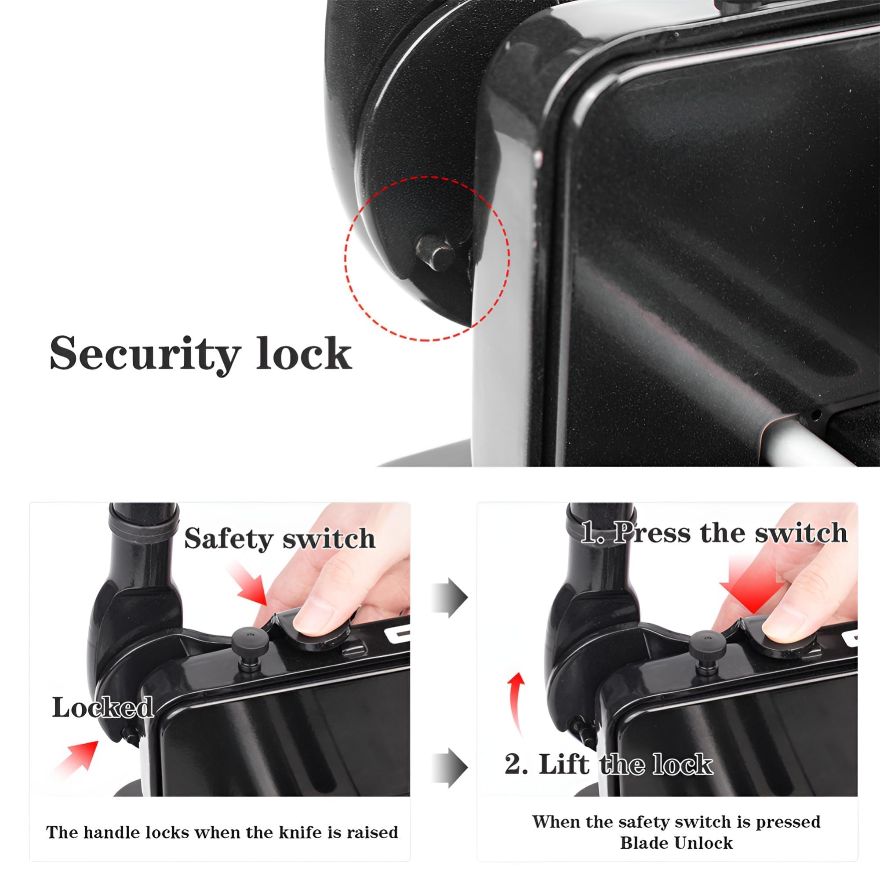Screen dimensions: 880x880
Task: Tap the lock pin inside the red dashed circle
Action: coord(436,253)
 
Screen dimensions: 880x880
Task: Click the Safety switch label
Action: coord(280,539)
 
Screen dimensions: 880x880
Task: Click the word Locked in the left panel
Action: coord(102,707)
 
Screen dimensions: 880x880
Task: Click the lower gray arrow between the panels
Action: coord(450,767)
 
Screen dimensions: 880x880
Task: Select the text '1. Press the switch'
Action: coord(714,532)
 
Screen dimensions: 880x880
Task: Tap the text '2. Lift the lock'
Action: coord(608,764)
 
